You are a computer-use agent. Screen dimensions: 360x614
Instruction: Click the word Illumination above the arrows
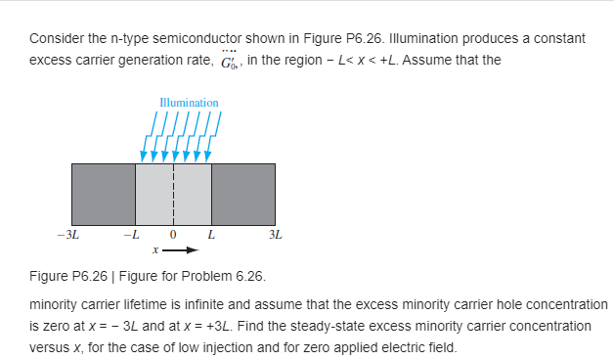[189, 102]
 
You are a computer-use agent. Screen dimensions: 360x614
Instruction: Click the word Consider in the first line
[56, 38]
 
